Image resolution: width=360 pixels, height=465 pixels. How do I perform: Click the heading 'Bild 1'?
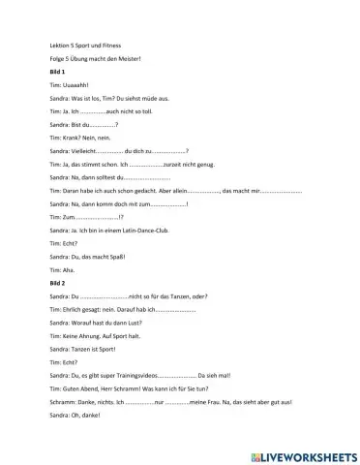(57, 73)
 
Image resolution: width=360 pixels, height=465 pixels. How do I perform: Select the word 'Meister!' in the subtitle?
(130, 59)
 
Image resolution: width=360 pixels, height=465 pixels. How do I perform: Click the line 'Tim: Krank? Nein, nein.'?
(78, 138)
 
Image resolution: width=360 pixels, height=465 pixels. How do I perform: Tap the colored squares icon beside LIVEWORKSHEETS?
(254, 454)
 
